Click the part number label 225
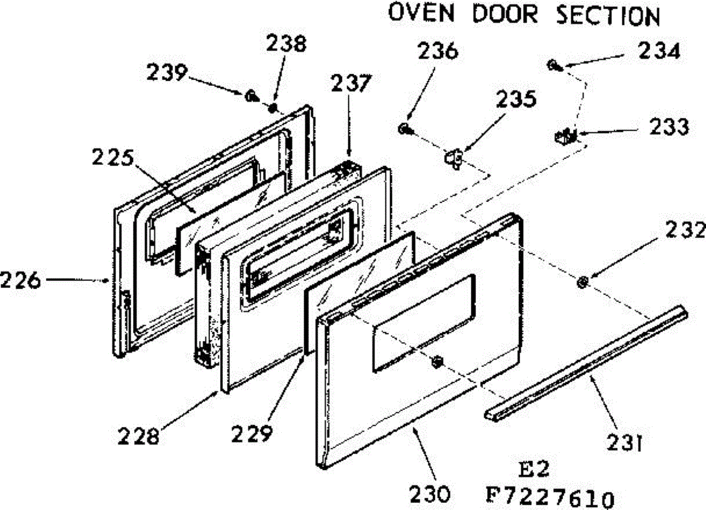point(113,157)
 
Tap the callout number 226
point(21,280)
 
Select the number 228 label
point(138,436)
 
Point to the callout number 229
point(252,433)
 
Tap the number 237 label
point(351,83)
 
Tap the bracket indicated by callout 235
point(454,158)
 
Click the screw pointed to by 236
point(404,129)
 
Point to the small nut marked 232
point(582,282)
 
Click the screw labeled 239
point(251,95)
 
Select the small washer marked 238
point(272,108)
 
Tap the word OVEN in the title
point(421,13)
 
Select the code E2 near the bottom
point(534,469)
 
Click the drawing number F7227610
point(550,497)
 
